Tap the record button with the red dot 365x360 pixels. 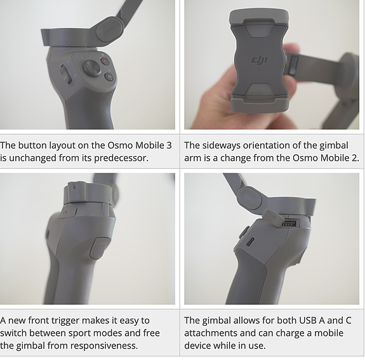coord(105,62)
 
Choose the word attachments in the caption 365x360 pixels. coord(211,333)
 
